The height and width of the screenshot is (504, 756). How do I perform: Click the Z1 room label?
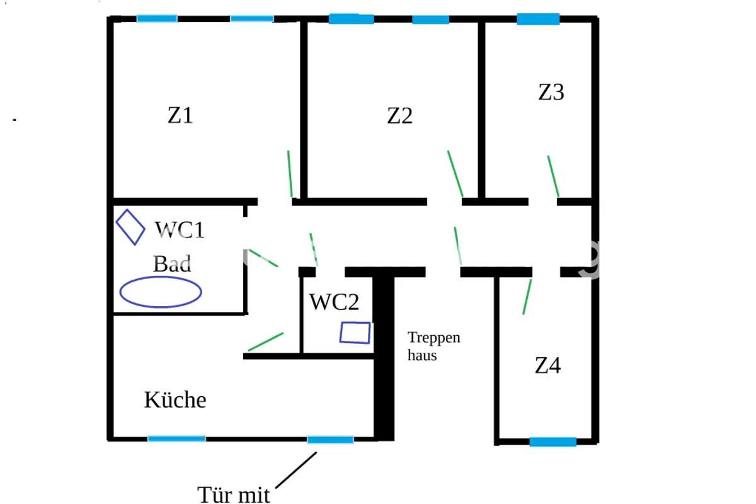pyautogui.click(x=180, y=115)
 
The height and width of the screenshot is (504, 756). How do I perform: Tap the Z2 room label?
pyautogui.click(x=399, y=116)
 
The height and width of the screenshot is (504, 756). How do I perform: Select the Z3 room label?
pyautogui.click(x=551, y=92)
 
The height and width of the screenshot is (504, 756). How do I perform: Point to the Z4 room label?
pyautogui.click(x=547, y=365)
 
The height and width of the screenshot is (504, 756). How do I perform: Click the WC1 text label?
pyautogui.click(x=180, y=230)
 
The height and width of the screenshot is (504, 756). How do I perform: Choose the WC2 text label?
pyautogui.click(x=335, y=302)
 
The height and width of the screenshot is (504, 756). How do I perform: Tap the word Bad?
pyautogui.click(x=172, y=263)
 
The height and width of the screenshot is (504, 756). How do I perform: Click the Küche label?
pyautogui.click(x=175, y=399)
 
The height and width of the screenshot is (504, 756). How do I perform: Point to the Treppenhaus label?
pyautogui.click(x=433, y=346)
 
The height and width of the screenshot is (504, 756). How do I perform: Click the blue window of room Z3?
pyautogui.click(x=538, y=19)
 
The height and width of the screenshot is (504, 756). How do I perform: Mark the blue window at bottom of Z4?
pyautogui.click(x=553, y=442)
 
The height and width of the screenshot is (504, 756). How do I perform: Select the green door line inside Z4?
pyautogui.click(x=527, y=297)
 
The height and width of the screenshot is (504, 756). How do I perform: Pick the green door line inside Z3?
pyautogui.click(x=553, y=176)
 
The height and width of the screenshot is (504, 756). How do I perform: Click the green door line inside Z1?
pyautogui.click(x=290, y=173)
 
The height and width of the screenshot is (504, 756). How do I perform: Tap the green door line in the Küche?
pyautogui.click(x=266, y=341)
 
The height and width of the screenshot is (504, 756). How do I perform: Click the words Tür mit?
pyautogui.click(x=234, y=495)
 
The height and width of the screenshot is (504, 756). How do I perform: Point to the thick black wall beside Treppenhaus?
pyautogui.click(x=384, y=358)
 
